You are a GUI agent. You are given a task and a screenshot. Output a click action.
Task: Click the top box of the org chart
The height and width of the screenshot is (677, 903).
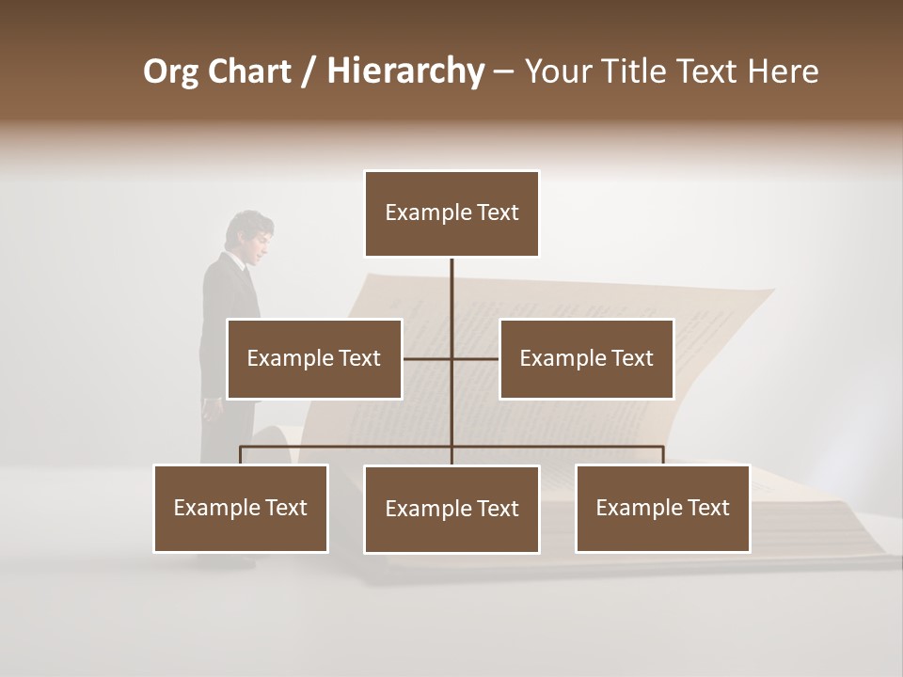(x=451, y=213)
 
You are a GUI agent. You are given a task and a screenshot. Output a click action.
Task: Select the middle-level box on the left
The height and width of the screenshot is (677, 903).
(x=314, y=358)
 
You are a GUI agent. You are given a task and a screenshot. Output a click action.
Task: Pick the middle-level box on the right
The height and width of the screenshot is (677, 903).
(x=586, y=358)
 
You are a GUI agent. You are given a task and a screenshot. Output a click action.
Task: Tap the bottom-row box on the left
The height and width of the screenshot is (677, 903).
(x=241, y=508)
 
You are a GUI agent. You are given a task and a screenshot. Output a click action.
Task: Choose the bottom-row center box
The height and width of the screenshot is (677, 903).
(x=451, y=509)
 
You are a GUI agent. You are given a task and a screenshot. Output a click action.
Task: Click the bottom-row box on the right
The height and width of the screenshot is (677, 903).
(x=662, y=508)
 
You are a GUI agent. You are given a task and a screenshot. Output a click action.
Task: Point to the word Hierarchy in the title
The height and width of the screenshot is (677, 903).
(x=405, y=71)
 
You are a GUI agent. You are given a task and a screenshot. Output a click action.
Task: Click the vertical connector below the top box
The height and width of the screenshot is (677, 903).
(x=451, y=287)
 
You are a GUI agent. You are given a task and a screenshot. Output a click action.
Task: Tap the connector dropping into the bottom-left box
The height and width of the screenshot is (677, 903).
(x=241, y=455)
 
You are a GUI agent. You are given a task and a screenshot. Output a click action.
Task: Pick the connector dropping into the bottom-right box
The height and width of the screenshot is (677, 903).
(x=662, y=455)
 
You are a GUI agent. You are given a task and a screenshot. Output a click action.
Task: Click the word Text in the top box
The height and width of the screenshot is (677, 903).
(x=498, y=213)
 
